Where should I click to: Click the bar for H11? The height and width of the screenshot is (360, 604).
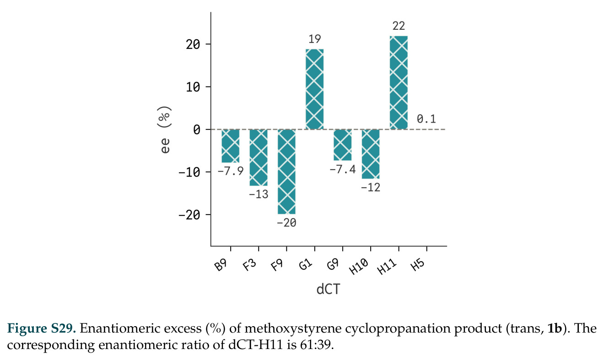click(399, 82)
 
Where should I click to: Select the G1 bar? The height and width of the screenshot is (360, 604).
click(314, 89)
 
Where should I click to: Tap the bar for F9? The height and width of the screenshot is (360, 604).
click(286, 172)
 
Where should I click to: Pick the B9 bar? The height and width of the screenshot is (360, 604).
click(230, 146)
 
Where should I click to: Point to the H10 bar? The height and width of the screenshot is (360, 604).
click(371, 154)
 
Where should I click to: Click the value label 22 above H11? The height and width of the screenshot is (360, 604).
click(399, 26)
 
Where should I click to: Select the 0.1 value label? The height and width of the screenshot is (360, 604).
click(426, 119)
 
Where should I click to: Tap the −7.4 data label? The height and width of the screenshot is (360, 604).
click(342, 169)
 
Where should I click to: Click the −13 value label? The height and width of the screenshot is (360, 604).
click(259, 194)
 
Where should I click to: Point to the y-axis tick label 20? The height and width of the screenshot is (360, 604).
click(193, 44)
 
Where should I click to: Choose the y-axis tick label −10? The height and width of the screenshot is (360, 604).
click(189, 172)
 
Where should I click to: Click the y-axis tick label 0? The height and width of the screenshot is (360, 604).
click(197, 129)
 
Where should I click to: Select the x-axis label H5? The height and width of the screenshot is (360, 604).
click(418, 265)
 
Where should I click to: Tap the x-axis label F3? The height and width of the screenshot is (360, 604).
click(249, 265)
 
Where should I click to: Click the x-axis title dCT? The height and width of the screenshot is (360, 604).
click(328, 289)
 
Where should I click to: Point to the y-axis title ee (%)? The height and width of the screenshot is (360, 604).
click(164, 129)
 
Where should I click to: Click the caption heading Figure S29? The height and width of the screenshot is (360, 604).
click(42, 328)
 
